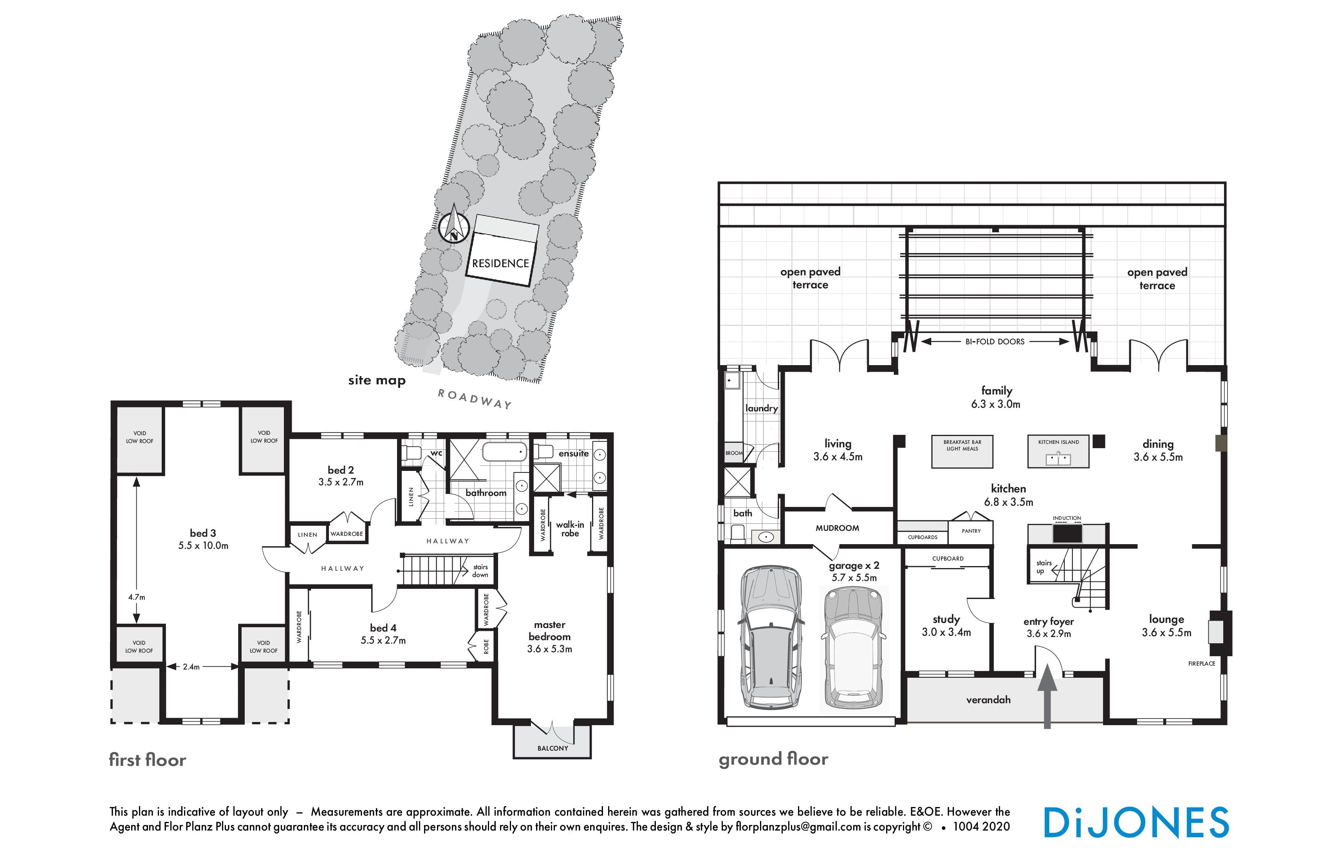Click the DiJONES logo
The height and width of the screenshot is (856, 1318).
tap(1136, 822)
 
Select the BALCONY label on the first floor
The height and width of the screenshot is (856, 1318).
tap(552, 748)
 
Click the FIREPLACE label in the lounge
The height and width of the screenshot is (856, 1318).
tap(1202, 663)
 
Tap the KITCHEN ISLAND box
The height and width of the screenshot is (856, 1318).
tap(1058, 451)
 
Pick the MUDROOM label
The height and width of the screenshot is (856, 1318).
tap(837, 528)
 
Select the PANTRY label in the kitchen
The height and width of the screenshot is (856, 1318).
tap(971, 531)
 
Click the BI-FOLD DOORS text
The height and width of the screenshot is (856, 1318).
tap(995, 342)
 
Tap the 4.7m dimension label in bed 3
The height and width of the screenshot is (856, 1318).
tap(137, 597)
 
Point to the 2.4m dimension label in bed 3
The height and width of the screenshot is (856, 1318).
tap(191, 666)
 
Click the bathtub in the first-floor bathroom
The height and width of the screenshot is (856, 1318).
tap(504, 452)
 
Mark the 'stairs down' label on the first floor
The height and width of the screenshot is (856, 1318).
tap(480, 571)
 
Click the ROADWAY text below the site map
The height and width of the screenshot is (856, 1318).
tap(475, 399)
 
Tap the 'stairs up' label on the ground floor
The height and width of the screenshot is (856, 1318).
tap(1044, 567)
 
